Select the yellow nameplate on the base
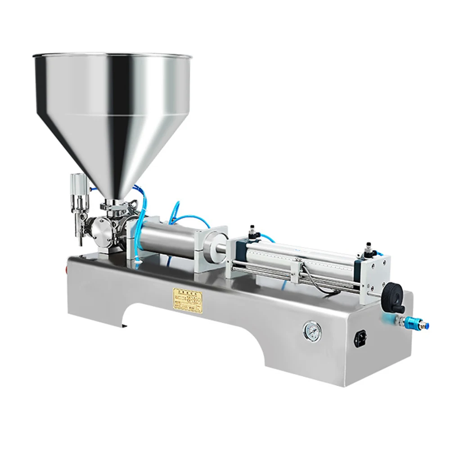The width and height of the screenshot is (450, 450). tap(188, 298)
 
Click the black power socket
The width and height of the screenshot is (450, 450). tap(360, 336)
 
